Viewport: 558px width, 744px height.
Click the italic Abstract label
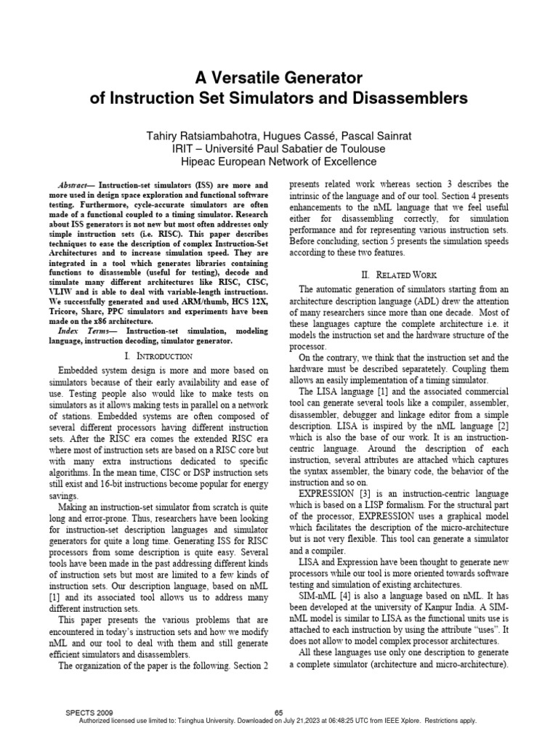pyautogui.click(x=75, y=186)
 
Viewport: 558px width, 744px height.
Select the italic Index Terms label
pyautogui.click(x=80, y=330)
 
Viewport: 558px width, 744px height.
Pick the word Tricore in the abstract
pyautogui.click(x=73, y=311)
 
